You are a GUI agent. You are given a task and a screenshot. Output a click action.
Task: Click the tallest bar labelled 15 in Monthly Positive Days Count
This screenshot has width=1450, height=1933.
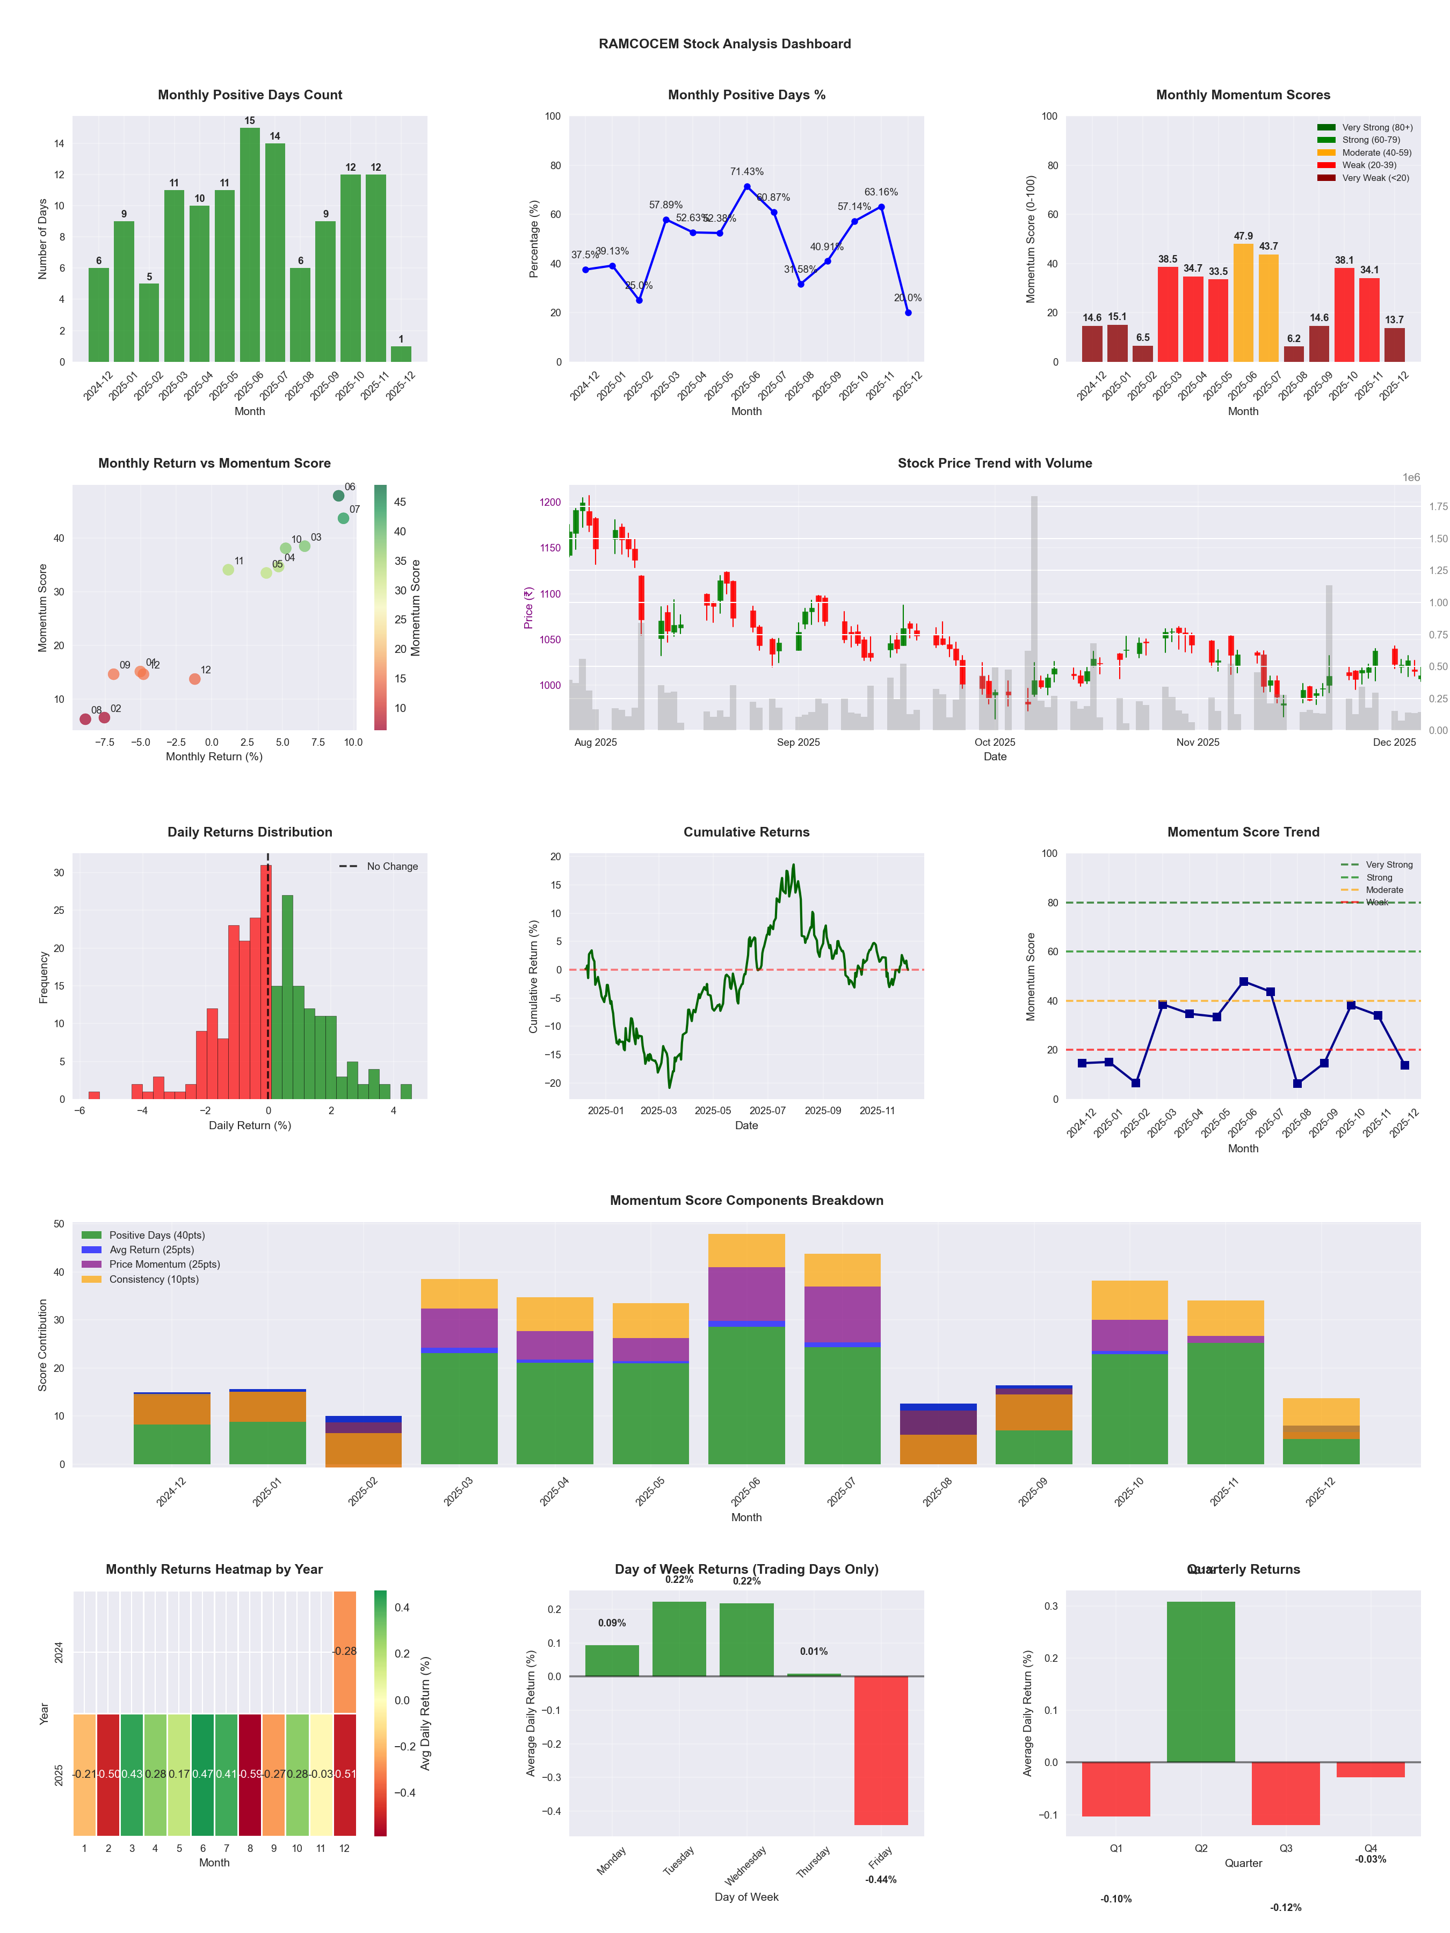point(250,245)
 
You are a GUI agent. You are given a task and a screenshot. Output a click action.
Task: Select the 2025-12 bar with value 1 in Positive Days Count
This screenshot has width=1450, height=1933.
point(401,354)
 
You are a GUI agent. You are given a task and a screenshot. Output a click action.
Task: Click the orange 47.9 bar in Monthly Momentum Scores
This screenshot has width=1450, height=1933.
point(1243,302)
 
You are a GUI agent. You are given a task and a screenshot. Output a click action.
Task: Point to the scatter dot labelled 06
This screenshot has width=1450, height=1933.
point(338,496)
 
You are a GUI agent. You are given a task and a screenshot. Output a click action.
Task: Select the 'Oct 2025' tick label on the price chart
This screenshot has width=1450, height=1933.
point(995,742)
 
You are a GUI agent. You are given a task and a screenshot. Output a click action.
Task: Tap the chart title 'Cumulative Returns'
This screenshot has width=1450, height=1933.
point(746,832)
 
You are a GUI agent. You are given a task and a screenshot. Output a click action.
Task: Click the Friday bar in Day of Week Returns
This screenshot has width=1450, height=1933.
point(881,1750)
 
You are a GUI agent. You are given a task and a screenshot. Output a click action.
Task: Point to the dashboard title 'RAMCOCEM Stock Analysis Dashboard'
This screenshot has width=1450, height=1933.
point(724,43)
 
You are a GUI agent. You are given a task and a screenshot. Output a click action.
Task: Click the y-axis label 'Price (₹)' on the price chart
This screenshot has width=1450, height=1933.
point(528,607)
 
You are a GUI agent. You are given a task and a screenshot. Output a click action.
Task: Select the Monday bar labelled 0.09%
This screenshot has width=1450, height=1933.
point(612,1660)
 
